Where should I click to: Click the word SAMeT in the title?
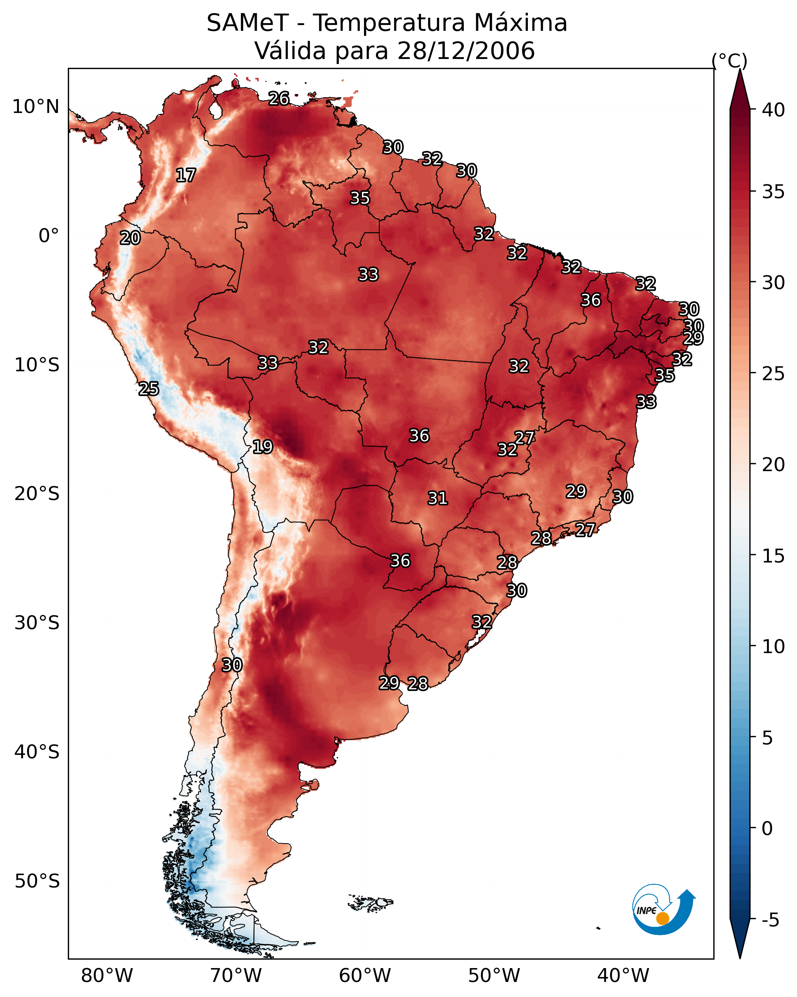click(248, 23)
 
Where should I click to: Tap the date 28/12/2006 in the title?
click(466, 51)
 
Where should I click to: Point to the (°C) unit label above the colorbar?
click(729, 61)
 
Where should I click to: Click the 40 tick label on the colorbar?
click(773, 110)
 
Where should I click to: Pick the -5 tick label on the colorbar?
click(770, 920)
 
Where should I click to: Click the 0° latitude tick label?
click(49, 236)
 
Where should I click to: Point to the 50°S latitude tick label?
click(37, 881)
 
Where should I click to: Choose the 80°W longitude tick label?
click(107, 976)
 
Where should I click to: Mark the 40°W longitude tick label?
click(623, 976)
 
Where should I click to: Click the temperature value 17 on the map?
click(186, 175)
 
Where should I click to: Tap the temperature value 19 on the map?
click(263, 447)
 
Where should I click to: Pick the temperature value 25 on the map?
click(148, 389)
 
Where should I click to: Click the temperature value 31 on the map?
click(438, 498)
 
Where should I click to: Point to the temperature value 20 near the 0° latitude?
click(130, 238)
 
